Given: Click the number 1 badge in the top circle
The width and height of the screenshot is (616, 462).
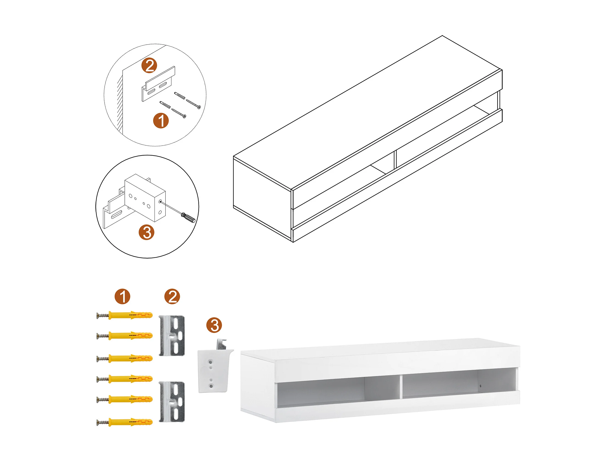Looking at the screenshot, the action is tap(161, 121).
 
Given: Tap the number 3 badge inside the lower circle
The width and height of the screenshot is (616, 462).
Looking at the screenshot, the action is tap(147, 232).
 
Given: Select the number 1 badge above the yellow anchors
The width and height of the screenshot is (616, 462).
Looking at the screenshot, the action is tap(122, 296).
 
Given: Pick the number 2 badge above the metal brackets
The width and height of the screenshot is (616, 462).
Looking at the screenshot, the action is tap(172, 296).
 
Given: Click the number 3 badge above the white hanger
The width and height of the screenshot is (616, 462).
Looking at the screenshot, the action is tap(214, 325).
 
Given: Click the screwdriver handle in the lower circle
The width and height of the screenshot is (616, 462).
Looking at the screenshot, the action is tap(188, 217).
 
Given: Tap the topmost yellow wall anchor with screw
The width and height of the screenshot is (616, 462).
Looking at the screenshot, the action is tap(125, 315).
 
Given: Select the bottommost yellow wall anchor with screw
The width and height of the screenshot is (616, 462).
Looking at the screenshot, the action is tap(125, 422).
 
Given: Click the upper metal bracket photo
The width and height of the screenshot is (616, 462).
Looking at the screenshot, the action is tap(172, 336).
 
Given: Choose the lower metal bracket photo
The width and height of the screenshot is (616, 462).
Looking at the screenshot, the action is tap(172, 402).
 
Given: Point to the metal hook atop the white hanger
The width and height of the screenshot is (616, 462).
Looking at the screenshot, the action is tap(222, 344).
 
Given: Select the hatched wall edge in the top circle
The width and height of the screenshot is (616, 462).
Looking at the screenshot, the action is tap(120, 103).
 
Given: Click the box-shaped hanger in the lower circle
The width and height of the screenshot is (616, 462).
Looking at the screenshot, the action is tap(145, 198).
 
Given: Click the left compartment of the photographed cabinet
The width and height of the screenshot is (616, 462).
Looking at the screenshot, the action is tap(320, 391).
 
